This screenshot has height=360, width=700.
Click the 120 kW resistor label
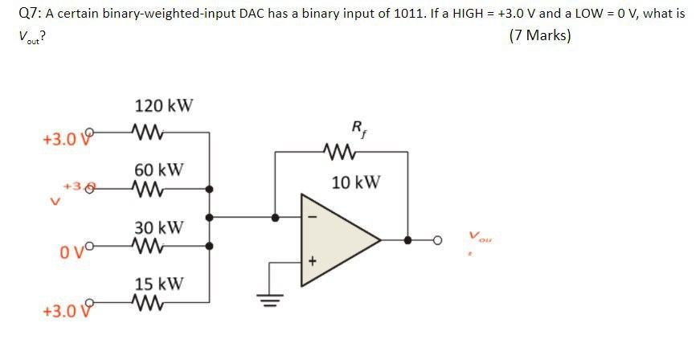tap(164, 106)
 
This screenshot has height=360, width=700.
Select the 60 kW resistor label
tap(158, 170)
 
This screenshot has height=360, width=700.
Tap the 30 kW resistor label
tap(158, 227)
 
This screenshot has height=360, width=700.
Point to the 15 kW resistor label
tap(158, 284)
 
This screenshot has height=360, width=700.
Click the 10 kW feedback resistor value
tap(355, 182)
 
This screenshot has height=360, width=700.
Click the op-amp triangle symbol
tap(338, 238)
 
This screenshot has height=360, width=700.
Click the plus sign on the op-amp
tap(313, 261)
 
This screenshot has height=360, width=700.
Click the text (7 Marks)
tap(540, 37)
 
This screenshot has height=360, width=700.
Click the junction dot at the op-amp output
tap(408, 239)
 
